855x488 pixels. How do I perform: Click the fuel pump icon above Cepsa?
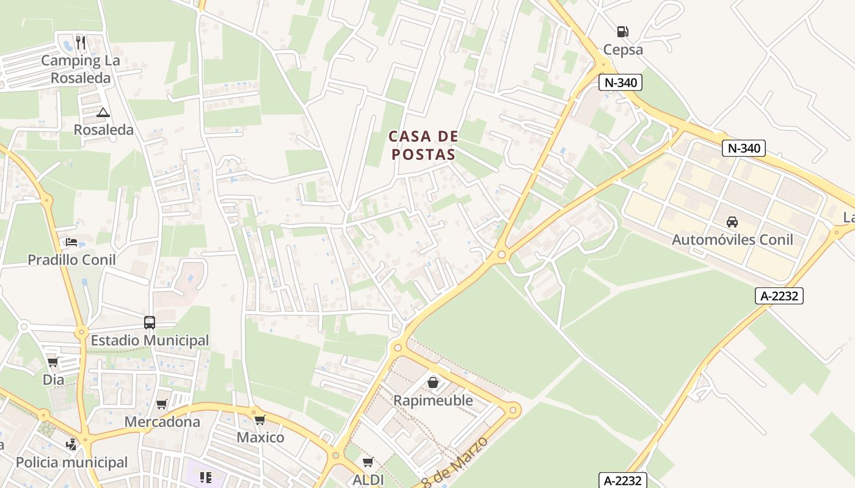click(622, 32)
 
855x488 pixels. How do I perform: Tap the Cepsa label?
click(623, 49)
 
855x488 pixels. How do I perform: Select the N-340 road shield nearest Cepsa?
click(620, 82)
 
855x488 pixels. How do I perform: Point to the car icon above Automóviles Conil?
click(732, 222)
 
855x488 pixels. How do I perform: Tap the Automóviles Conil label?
click(732, 240)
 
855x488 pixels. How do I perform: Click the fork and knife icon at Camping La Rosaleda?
click(81, 43)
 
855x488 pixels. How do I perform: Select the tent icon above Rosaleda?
click(103, 112)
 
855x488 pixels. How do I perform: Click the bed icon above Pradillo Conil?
click(71, 242)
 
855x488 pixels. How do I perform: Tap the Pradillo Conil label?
click(71, 260)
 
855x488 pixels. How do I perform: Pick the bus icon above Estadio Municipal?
click(150, 322)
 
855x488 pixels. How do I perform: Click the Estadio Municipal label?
click(150, 340)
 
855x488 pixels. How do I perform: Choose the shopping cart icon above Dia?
click(53, 362)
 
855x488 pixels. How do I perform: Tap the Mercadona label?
click(162, 422)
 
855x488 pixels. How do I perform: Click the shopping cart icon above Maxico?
click(260, 420)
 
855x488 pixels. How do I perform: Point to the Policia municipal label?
click(71, 462)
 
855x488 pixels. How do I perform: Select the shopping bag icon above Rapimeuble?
click(433, 382)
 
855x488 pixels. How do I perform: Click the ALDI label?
click(368, 480)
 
